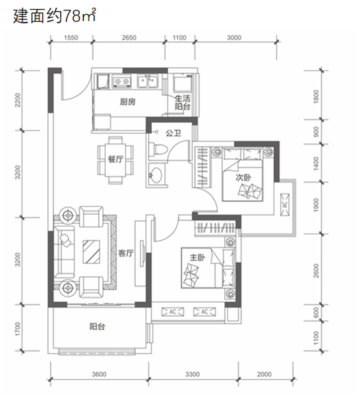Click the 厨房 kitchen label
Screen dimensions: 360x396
tap(128, 102)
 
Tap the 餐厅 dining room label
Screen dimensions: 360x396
tap(116, 159)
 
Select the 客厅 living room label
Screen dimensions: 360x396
tap(126, 253)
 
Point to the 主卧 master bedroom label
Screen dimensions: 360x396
tap(197, 257)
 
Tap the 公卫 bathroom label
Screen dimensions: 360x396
tap(173, 133)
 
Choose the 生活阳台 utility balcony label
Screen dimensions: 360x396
tap(183, 102)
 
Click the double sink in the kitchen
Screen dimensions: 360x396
tap(147, 81)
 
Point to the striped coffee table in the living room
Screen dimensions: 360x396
tap(91, 252)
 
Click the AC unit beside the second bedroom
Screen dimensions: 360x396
tap(285, 205)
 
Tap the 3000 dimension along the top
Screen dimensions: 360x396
tap(234, 38)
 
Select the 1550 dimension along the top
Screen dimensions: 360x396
tap(71, 38)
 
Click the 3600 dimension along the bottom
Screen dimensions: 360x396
tap(99, 374)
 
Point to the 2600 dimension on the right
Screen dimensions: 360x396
tap(316, 271)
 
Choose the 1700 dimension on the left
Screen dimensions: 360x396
tap(18, 329)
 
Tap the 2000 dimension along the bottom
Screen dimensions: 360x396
tap(264, 374)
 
